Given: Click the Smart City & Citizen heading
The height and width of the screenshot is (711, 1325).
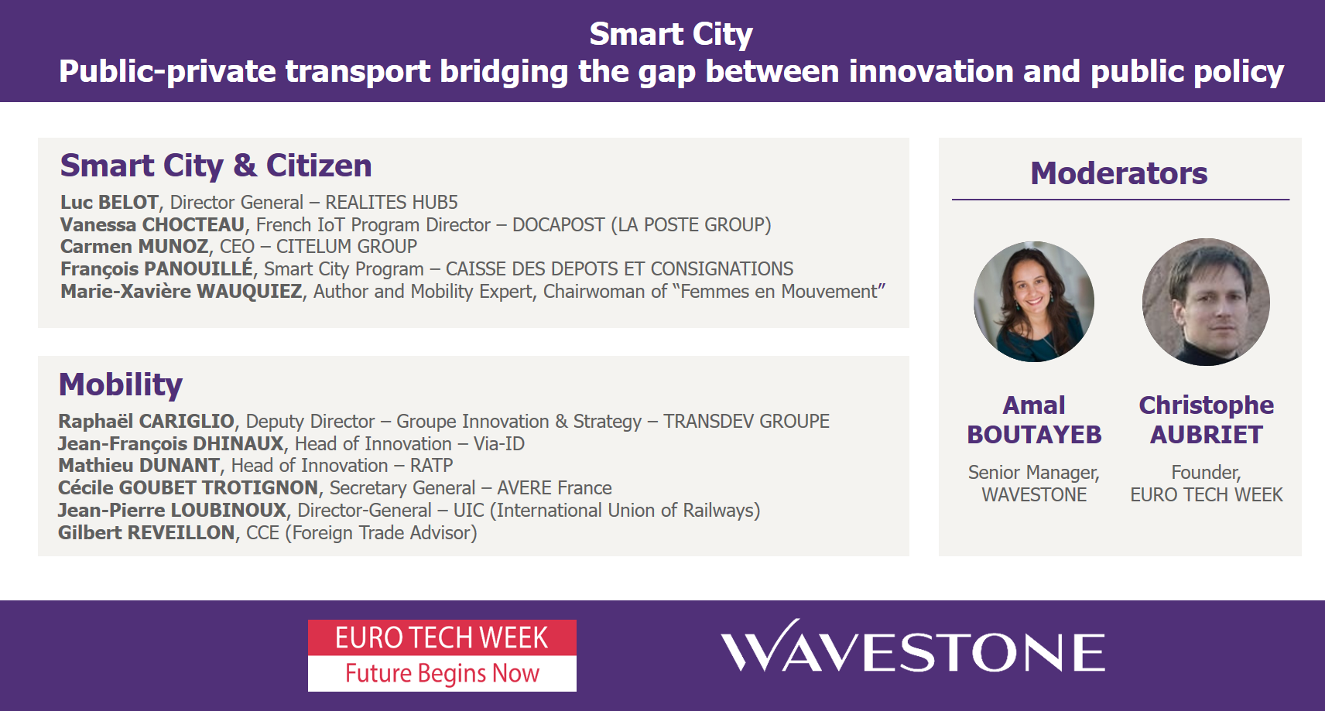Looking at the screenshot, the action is click(x=216, y=166).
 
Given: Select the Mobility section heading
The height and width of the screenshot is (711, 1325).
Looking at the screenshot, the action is click(x=121, y=385).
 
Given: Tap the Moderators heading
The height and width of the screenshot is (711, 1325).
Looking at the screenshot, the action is click(x=1119, y=173).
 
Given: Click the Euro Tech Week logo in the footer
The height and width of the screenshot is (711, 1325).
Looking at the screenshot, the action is click(x=442, y=655).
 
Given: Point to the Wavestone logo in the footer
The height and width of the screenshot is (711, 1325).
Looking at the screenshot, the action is click(x=912, y=646).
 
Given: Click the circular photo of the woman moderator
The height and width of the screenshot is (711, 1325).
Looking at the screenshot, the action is click(x=1034, y=302).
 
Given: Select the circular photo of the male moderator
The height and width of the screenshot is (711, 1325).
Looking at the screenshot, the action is click(x=1206, y=302).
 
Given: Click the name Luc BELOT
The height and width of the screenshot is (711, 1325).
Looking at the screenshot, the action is click(x=109, y=202).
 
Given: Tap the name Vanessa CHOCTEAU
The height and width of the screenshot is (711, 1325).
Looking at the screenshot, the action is click(x=152, y=225).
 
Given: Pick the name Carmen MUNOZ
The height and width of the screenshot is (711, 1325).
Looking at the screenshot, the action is click(x=134, y=247).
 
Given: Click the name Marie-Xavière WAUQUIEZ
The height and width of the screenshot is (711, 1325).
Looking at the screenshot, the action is click(x=181, y=291).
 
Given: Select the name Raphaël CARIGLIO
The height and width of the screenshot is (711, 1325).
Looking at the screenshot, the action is click(x=147, y=421).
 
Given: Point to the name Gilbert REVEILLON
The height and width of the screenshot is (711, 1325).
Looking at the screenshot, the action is click(x=147, y=532).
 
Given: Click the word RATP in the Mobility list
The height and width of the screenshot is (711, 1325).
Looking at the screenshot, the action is click(x=431, y=466).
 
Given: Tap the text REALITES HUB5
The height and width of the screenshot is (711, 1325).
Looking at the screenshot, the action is click(x=392, y=202).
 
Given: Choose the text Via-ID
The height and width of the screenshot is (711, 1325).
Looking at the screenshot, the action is click(x=498, y=443).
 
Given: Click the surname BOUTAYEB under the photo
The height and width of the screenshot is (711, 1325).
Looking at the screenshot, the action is click(x=1034, y=435).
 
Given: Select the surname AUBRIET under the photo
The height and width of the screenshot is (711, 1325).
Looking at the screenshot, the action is click(x=1206, y=435).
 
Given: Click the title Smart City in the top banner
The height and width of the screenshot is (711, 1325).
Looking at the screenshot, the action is click(x=671, y=34).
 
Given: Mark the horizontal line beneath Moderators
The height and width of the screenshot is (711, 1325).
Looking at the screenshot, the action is click(x=1121, y=200).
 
